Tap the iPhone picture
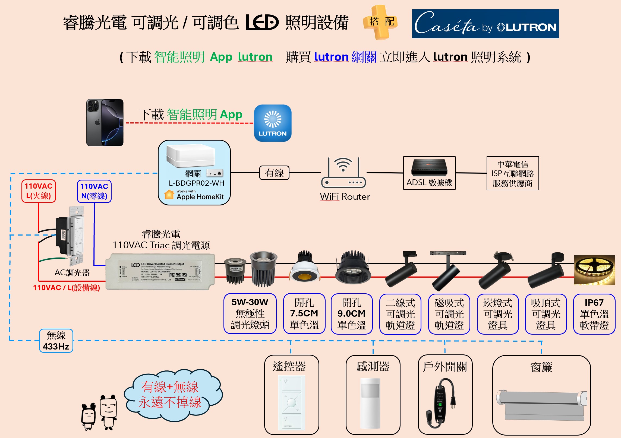(x=105, y=122)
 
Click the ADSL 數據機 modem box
(x=429, y=173)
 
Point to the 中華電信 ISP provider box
(x=513, y=173)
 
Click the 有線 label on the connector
(x=274, y=173)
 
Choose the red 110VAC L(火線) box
(x=39, y=191)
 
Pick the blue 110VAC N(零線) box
(x=94, y=191)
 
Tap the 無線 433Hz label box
(x=56, y=341)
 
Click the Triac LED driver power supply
(x=160, y=272)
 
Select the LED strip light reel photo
(x=594, y=270)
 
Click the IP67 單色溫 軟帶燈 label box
(x=594, y=314)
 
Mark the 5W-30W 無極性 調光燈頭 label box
(x=250, y=314)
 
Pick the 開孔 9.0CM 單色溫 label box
(x=351, y=314)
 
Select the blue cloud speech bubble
(x=172, y=395)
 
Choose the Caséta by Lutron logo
(x=485, y=24)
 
